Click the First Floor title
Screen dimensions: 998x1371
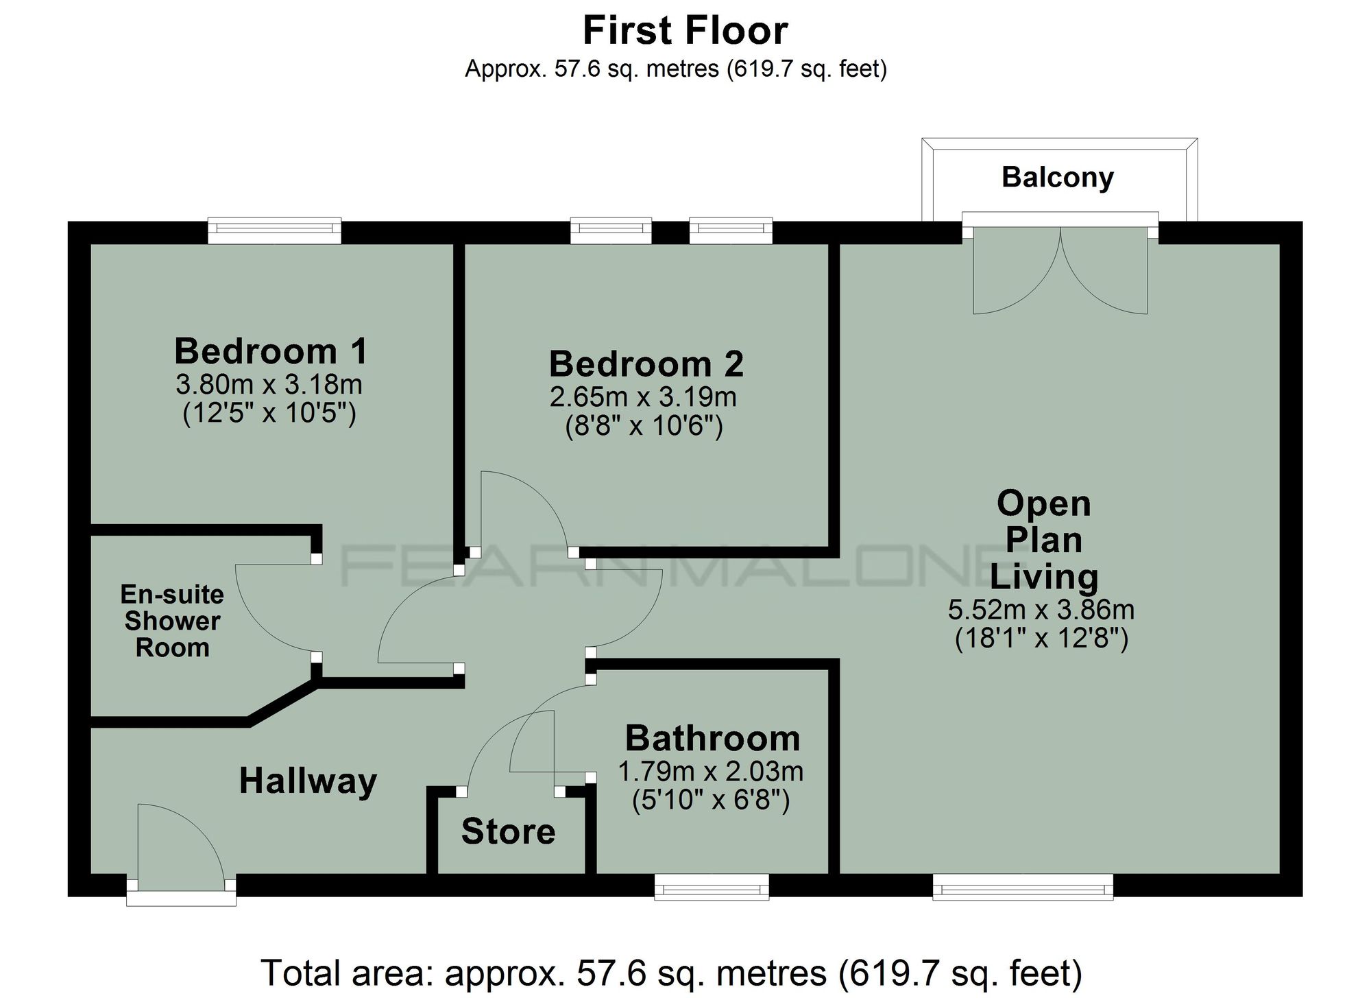point(685,31)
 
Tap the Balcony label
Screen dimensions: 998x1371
point(1057,177)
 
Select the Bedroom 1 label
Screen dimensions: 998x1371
point(271,351)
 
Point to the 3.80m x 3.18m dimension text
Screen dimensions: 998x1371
point(269,384)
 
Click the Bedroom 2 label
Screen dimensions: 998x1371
point(646,364)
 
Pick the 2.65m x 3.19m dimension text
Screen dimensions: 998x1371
point(643,396)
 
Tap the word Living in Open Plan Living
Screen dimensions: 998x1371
point(1043,576)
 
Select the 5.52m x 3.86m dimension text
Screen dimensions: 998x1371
point(1041,609)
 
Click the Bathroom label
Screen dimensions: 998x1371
point(712,739)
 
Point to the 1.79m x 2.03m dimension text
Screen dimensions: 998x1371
point(710,772)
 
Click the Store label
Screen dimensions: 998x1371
point(508,831)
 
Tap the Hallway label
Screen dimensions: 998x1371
point(308,781)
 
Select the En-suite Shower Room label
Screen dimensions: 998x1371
point(172,621)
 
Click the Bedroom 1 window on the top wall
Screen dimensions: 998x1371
point(274,231)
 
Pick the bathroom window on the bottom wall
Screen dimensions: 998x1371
point(712,886)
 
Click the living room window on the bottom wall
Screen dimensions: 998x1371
point(1023,886)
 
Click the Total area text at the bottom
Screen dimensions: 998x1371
point(671,973)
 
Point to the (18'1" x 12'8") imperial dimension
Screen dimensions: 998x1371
point(1041,639)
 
